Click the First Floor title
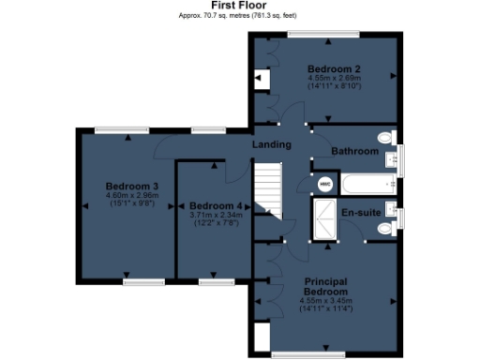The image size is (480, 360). tap(239, 6)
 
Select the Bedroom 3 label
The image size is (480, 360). tap(131, 187)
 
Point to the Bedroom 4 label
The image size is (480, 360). tap(215, 205)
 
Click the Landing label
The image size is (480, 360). tap(271, 144)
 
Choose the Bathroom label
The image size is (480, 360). tap(354, 151)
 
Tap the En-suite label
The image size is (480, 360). tap(360, 213)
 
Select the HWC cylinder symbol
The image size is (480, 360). tap(325, 185)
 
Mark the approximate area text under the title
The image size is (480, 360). tap(239, 16)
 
